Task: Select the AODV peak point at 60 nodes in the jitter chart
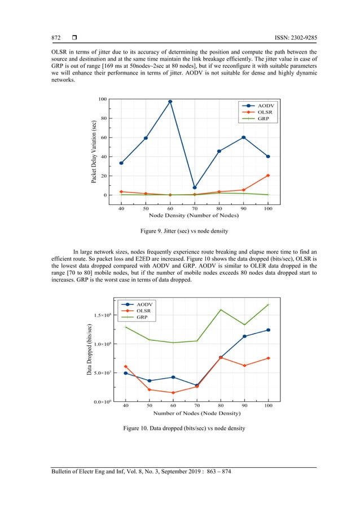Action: [170, 102]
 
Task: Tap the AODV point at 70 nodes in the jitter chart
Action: [195, 187]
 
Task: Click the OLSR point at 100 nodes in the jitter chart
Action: [268, 175]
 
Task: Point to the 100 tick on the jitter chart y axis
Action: [103, 99]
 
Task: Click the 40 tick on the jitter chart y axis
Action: [104, 157]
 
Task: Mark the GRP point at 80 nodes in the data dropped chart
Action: [221, 309]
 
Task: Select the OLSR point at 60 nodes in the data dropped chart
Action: [173, 393]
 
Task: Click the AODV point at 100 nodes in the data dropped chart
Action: [268, 330]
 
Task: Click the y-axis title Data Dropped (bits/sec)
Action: [89, 350]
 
